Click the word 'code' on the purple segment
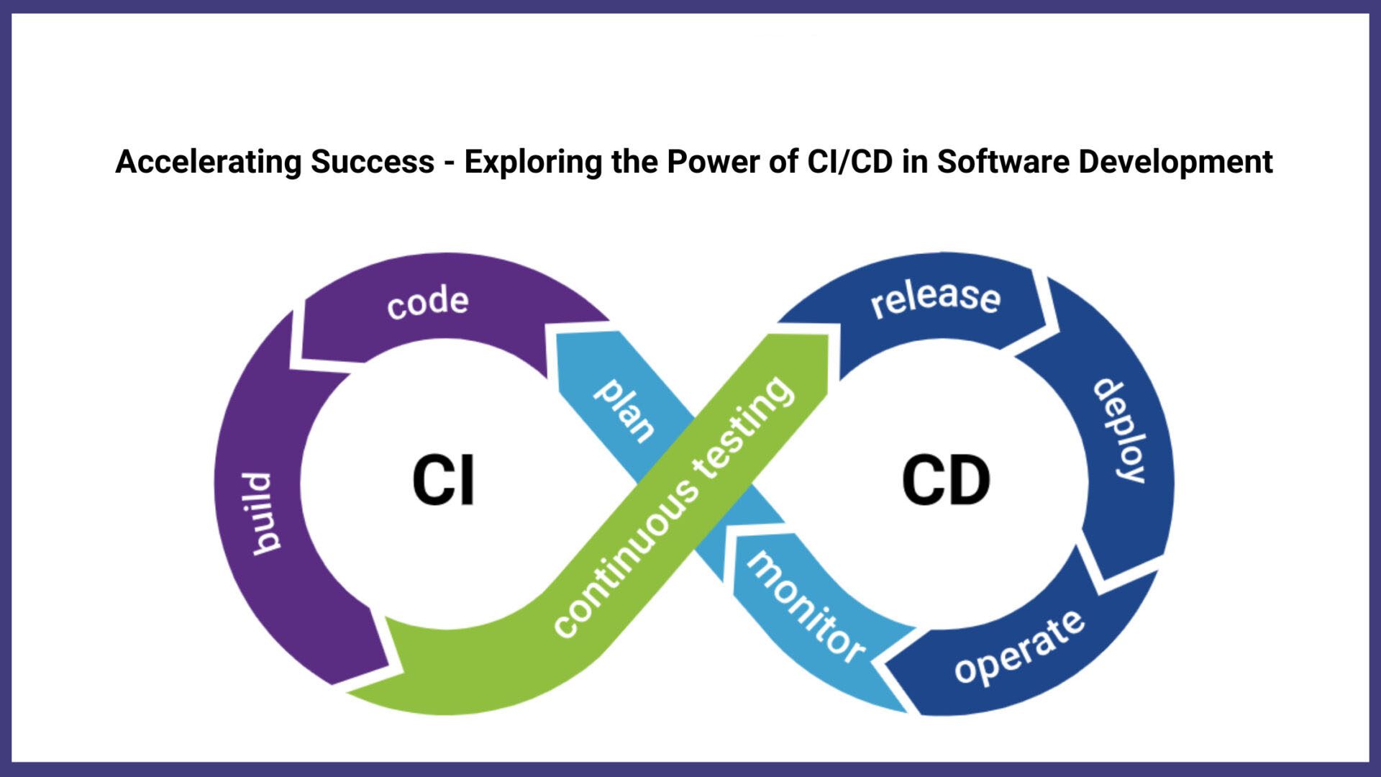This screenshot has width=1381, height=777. (x=427, y=302)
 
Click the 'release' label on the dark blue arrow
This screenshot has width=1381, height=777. (x=935, y=297)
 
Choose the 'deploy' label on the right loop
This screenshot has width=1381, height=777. (x=1120, y=430)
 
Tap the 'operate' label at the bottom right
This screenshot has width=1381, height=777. (x=1019, y=647)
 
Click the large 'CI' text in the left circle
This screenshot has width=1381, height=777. (x=444, y=481)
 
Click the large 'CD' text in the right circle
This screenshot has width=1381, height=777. (x=946, y=481)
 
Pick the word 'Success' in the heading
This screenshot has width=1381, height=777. (x=373, y=162)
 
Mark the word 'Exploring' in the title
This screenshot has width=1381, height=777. (x=533, y=162)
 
